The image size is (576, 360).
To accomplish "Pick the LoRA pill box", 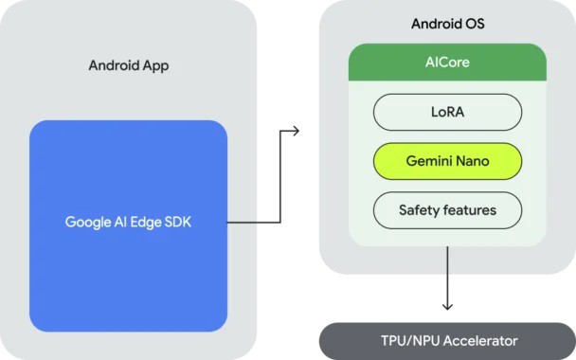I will click(447, 112).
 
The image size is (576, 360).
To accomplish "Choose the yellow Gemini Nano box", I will click(447, 161).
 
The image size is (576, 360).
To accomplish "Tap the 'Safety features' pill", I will click(447, 209).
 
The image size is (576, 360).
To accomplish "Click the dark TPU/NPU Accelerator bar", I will click(447, 340).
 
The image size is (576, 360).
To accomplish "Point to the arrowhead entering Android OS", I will click(296, 130).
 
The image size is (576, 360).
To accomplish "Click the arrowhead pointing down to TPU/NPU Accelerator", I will click(447, 306).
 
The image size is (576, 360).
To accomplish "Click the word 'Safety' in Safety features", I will click(420, 209).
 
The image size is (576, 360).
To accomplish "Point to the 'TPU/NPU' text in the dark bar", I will click(405, 340).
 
